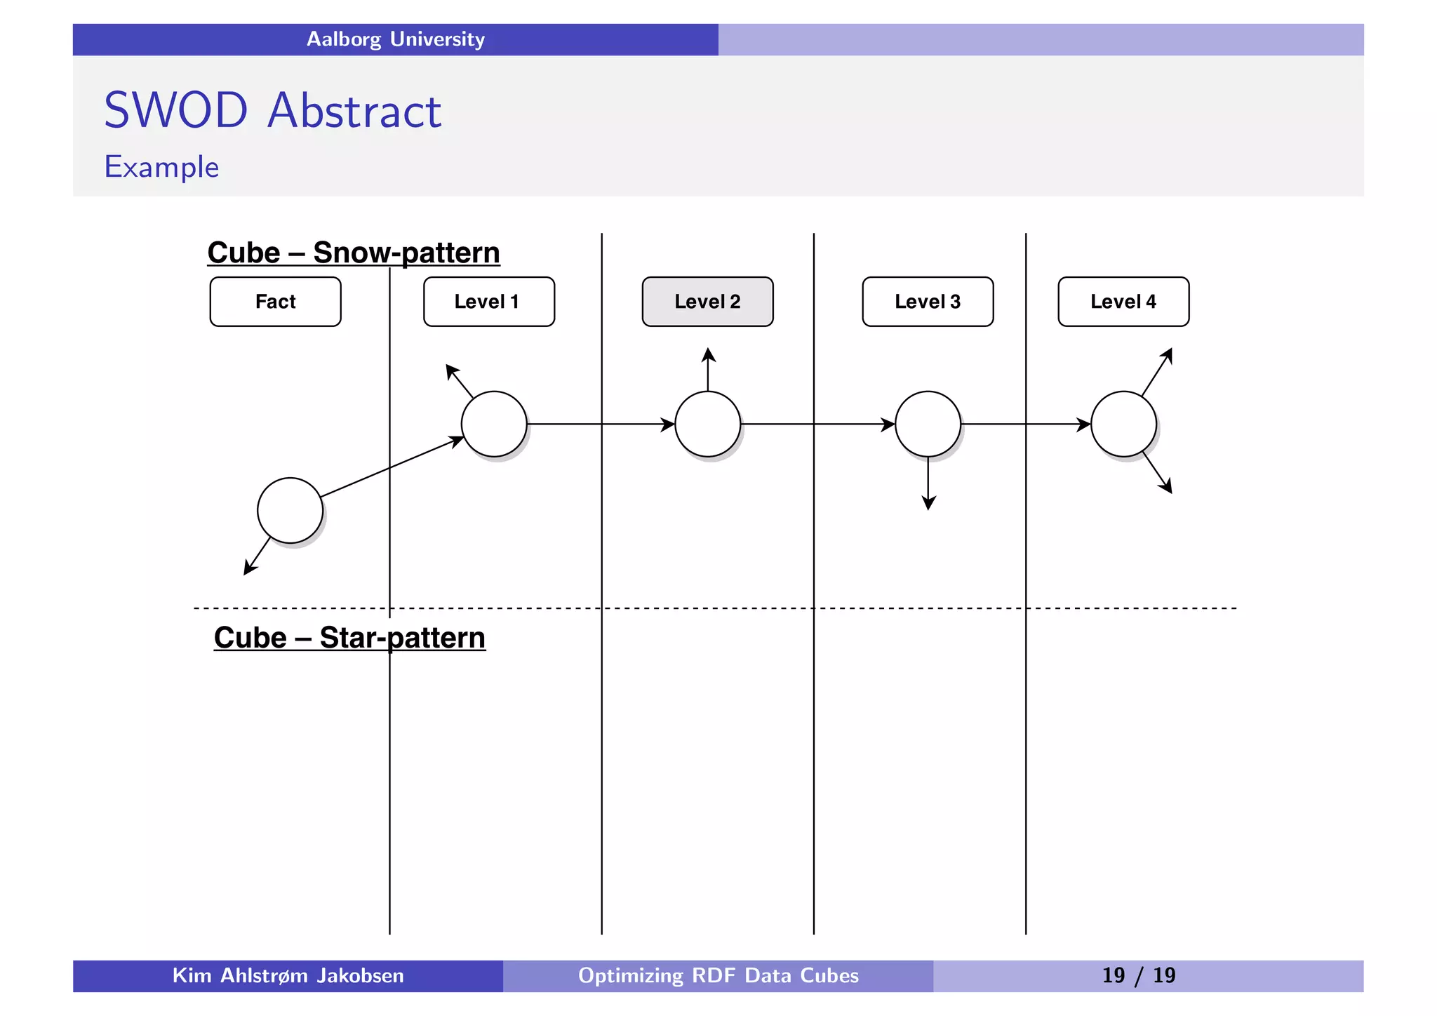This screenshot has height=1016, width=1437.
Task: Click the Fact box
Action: [275, 302]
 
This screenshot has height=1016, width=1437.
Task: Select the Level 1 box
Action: [488, 302]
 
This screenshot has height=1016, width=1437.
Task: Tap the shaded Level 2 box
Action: [707, 302]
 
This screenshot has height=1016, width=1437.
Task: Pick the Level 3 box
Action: [928, 302]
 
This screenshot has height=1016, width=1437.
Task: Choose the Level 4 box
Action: [1123, 302]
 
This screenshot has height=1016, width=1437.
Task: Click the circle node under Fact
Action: [290, 510]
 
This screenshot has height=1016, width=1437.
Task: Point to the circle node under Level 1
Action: [494, 424]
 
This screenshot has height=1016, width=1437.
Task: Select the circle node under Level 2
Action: [707, 424]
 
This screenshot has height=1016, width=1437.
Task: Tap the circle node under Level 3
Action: [928, 424]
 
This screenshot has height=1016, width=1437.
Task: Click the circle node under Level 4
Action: [1123, 424]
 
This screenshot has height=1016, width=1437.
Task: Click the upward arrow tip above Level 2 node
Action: [708, 350]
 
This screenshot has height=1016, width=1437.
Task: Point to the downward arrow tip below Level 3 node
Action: [928, 507]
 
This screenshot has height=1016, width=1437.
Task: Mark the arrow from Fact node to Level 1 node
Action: [390, 468]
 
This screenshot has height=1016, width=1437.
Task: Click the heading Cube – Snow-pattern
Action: [354, 253]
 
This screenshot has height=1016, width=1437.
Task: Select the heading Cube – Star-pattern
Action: [349, 638]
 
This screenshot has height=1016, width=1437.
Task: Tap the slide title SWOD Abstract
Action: [272, 111]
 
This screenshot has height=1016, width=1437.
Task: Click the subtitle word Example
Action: [161, 167]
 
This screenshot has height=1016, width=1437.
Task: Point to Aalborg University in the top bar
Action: [395, 39]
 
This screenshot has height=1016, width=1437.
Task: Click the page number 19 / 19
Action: [1138, 975]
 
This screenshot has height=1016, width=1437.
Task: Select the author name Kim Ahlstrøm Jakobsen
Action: [288, 975]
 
